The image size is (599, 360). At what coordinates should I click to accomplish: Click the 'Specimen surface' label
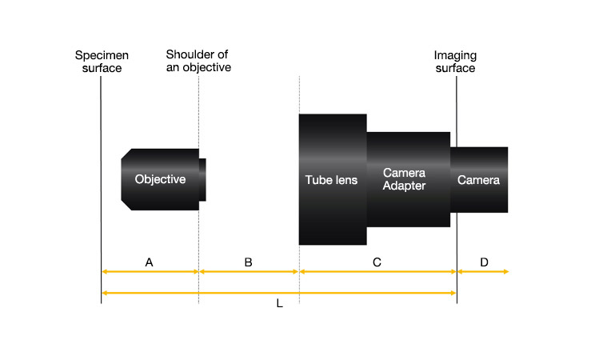102,62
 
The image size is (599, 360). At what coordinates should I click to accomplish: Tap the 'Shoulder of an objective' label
198,62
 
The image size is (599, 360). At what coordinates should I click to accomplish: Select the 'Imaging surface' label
454,62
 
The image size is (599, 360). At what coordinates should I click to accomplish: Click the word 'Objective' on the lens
160,179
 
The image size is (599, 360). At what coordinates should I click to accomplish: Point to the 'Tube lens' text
332,180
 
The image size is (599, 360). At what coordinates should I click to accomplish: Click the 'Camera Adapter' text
404,179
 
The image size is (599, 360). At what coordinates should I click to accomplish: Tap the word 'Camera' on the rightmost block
478,180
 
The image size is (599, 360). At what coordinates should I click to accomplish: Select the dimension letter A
149,262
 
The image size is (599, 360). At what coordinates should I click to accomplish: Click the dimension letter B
248,262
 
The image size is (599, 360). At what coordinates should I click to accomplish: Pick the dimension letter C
377,262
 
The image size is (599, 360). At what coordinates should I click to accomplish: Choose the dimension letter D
483,262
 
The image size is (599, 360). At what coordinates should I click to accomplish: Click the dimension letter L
279,306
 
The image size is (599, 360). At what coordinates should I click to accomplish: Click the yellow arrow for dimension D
482,272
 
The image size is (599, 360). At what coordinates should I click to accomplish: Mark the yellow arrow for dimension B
249,272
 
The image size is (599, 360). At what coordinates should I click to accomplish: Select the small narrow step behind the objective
202,179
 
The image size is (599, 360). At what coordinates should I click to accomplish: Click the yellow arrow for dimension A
150,272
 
